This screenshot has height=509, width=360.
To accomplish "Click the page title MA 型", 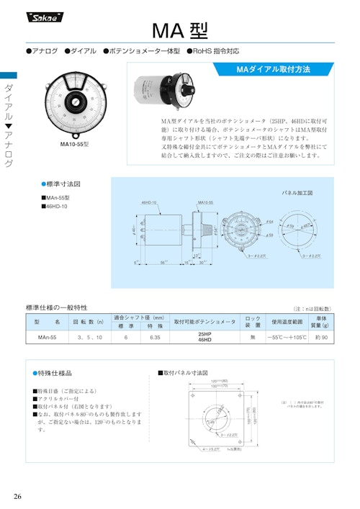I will (180, 30).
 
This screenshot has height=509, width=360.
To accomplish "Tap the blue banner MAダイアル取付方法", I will (274, 70).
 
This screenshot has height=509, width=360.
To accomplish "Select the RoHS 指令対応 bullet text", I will (217, 51).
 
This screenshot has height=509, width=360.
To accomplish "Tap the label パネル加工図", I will (296, 193).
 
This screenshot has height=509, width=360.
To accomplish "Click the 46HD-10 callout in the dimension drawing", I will (149, 202).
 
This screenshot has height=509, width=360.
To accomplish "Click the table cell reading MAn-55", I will (47, 337).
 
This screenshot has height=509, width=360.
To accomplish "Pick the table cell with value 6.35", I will (156, 337).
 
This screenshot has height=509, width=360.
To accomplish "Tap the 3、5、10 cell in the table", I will (90, 337).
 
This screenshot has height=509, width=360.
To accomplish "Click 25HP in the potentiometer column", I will (204, 334).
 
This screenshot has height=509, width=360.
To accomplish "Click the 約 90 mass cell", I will (321, 337).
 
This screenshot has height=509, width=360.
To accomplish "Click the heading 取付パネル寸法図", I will (185, 373).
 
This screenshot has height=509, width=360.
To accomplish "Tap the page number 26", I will (18, 497).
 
